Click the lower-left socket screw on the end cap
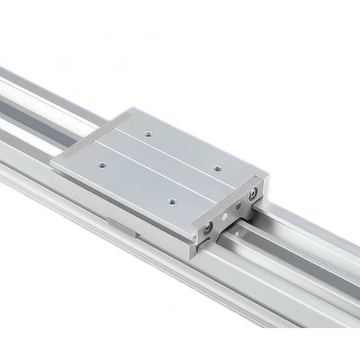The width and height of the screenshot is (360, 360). pos(207,228)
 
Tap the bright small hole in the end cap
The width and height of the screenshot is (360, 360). pos(223,216)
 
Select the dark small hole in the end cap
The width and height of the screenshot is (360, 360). pos(238,207)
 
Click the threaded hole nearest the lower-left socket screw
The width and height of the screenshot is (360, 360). pos(171,202)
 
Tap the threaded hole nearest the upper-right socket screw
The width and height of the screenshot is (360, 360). pos(218,168)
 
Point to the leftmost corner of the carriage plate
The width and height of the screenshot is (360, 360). pos(51,162)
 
